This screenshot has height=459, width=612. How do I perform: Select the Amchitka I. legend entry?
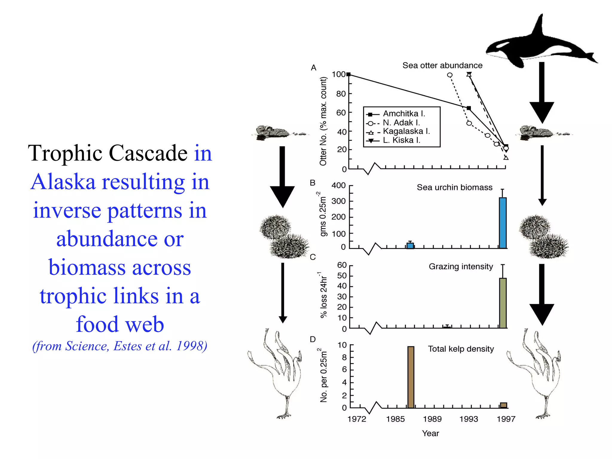[x=403, y=114]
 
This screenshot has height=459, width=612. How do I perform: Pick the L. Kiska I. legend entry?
[x=401, y=140]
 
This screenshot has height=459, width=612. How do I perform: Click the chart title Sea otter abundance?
[x=442, y=65]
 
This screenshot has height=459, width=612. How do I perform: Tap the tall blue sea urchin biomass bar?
[x=503, y=223]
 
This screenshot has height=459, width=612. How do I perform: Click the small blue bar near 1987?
[x=410, y=246]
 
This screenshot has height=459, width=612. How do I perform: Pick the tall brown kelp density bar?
[x=411, y=377]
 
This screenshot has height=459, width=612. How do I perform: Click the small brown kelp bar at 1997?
[x=504, y=405]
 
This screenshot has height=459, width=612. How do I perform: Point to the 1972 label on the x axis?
[x=357, y=419]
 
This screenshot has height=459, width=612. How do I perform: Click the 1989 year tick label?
[x=432, y=419]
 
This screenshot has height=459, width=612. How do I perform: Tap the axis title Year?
[x=430, y=433]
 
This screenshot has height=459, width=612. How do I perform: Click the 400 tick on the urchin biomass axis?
[x=339, y=186]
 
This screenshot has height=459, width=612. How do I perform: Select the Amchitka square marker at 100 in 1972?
[x=348, y=74]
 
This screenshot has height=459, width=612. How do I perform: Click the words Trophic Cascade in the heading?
[x=108, y=153]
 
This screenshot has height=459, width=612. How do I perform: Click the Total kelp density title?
[x=461, y=349]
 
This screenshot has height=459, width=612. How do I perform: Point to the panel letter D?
[x=313, y=339]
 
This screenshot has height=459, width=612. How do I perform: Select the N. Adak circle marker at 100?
[x=449, y=75]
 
